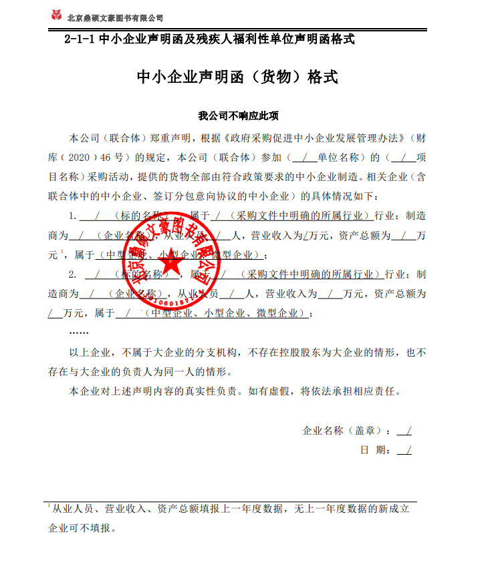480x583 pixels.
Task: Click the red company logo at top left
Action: (x=58, y=15)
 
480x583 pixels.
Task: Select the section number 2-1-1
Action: (x=80, y=39)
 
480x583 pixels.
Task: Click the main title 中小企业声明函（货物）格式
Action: (x=237, y=77)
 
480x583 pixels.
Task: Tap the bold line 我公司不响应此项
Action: (x=237, y=115)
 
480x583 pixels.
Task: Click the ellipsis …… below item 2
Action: (x=79, y=331)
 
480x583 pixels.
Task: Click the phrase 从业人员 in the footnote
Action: (x=76, y=509)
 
